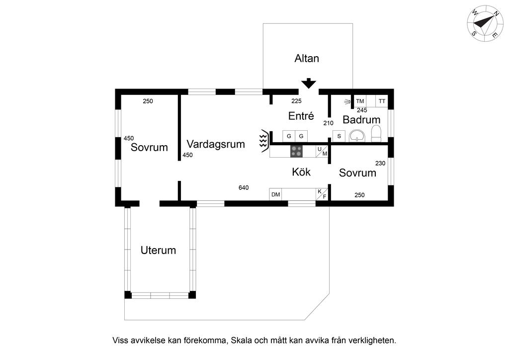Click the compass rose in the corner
[484, 24]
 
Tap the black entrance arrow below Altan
[309, 83]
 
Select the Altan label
[307, 58]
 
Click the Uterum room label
[158, 250]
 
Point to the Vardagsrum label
[216, 144]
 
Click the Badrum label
[361, 120]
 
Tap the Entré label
[301, 116]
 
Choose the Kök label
[301, 172]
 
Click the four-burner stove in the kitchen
[297, 151]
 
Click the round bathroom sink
[356, 136]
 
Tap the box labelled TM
[360, 101]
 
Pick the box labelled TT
[382, 101]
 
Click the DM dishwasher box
[275, 194]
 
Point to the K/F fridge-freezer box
[322, 194]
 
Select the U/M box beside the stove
[322, 151]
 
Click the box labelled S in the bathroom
[339, 136]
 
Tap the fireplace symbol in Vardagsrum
[263, 140]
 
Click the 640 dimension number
[244, 187]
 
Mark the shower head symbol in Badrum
[347, 102]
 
